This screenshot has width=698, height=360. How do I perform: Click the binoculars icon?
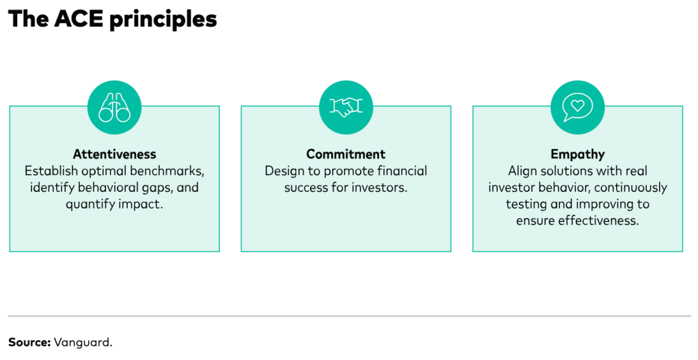[x=115, y=107]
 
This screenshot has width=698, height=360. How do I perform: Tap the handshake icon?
[x=346, y=107]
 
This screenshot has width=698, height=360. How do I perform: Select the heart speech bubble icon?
[x=577, y=107]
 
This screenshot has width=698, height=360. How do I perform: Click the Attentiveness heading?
[x=115, y=154]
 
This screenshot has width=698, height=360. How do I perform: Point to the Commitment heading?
[x=346, y=154]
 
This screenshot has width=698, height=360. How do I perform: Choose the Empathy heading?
[x=577, y=154]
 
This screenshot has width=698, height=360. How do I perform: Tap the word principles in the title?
[x=163, y=20]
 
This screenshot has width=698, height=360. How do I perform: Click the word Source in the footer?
[x=29, y=342]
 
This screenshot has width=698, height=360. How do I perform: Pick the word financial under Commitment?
[x=402, y=171]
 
